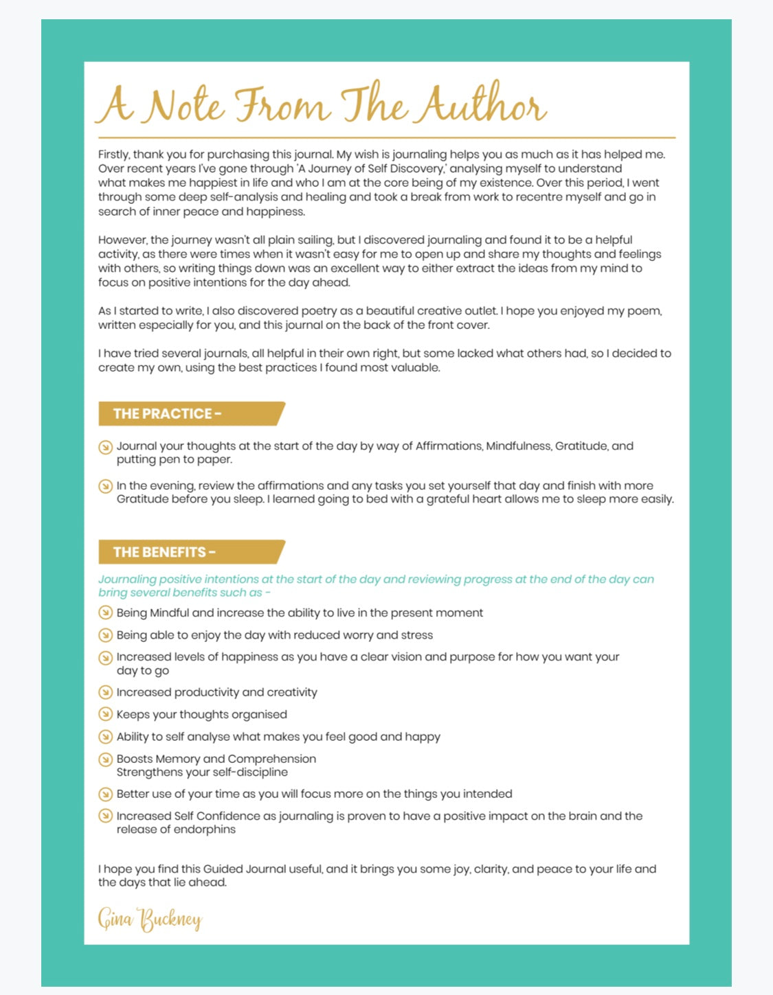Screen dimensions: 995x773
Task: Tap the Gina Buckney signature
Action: tap(150, 919)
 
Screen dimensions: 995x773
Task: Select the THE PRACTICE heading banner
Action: tap(190, 413)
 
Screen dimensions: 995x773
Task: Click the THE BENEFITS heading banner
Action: tap(190, 552)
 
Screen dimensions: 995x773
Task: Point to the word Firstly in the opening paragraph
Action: tap(113, 155)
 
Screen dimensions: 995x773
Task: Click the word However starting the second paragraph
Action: tap(122, 240)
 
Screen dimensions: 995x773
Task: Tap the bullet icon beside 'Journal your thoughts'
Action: tap(105, 448)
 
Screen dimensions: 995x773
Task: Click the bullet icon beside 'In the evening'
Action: tap(105, 486)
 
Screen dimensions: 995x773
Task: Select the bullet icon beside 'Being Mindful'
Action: tap(105, 613)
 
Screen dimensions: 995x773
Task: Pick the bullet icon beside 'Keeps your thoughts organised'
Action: tap(105, 714)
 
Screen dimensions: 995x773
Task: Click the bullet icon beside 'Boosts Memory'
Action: tap(105, 759)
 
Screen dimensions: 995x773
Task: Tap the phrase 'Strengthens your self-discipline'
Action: tap(202, 772)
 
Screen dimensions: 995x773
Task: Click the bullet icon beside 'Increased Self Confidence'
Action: tap(105, 816)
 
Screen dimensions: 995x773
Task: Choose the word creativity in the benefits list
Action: tap(292, 692)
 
